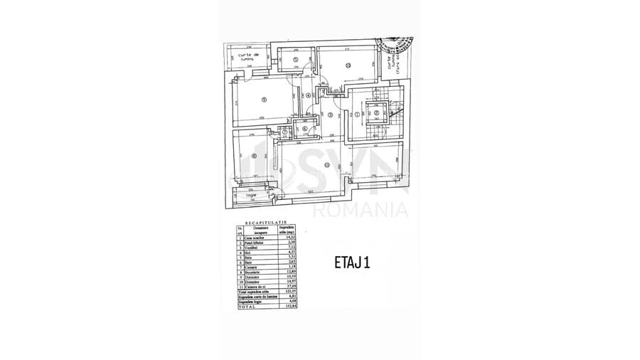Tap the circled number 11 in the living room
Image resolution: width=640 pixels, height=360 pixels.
(326, 166)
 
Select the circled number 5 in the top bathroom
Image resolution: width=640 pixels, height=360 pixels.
(295, 60)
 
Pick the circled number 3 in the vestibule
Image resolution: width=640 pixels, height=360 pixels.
(330, 114)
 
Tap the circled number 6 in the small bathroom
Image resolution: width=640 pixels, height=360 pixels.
(304, 129)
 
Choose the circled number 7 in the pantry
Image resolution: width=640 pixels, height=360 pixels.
(284, 131)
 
